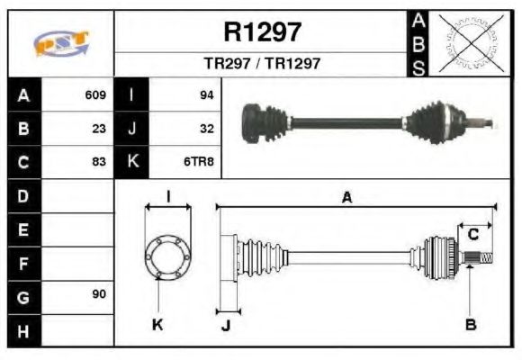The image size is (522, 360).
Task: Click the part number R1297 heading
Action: tap(262, 32)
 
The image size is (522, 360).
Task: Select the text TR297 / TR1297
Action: tap(262, 65)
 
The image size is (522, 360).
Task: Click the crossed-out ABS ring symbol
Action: tap(468, 43)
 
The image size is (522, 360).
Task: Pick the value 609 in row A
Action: tap(95, 94)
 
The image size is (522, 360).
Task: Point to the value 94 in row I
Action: tap(205, 94)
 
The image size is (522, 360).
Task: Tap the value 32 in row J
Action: tap(205, 129)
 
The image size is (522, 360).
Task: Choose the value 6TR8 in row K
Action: tap(199, 162)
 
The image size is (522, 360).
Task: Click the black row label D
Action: tap(23, 195)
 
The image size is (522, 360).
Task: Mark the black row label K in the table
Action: tap(131, 162)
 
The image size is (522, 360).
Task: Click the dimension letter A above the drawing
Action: tap(346, 198)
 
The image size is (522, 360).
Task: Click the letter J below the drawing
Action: tap(225, 325)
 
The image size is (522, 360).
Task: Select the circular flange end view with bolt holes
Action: tap(168, 257)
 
